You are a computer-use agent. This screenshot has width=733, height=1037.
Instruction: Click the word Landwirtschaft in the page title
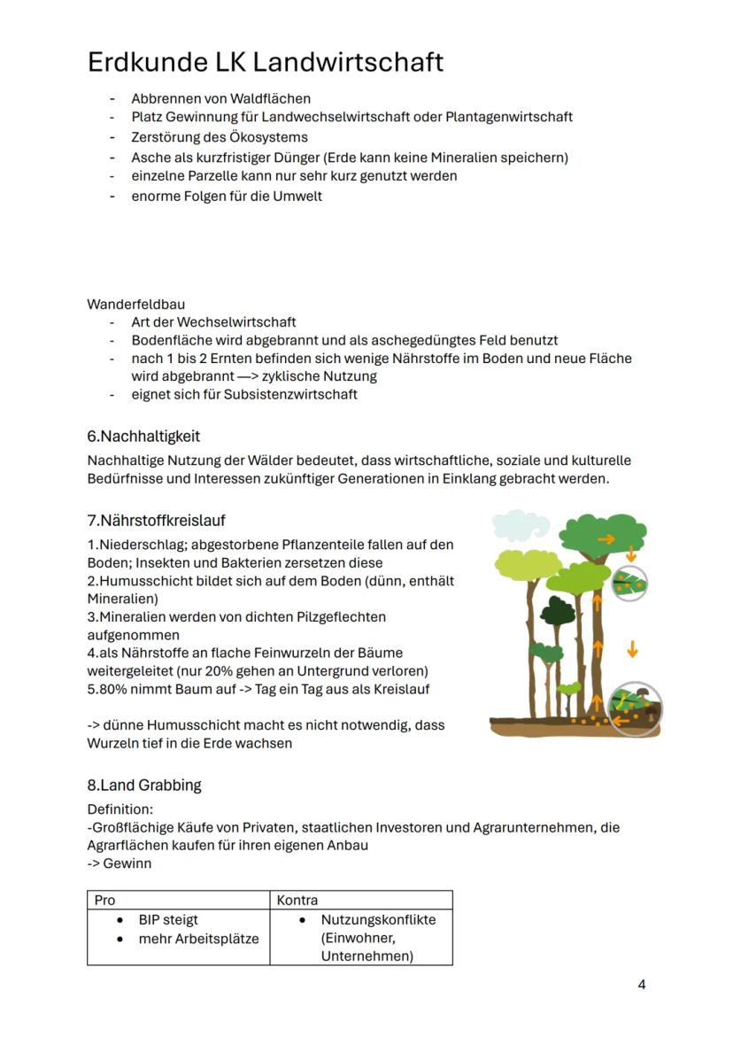348,63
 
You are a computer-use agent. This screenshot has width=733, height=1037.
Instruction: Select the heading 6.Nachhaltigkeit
143,436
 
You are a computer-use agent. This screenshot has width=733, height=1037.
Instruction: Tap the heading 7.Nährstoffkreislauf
162,520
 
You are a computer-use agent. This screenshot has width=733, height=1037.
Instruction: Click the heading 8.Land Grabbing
144,785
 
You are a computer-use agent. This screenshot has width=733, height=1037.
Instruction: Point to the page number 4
642,985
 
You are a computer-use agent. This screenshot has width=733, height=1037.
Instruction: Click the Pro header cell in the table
105,900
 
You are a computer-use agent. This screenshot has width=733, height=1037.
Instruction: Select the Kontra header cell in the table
297,900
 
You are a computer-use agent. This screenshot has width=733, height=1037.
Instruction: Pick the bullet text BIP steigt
168,919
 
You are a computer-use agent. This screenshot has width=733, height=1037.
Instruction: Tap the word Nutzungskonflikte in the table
378,919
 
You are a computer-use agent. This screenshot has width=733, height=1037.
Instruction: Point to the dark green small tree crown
558,611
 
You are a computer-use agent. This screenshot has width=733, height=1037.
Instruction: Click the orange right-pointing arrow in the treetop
606,538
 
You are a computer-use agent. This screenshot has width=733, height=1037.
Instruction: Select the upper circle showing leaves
630,583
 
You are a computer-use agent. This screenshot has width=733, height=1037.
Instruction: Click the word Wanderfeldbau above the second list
135,304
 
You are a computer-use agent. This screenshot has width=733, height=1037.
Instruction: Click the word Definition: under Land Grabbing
120,809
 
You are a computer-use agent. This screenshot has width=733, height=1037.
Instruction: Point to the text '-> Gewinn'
120,863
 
